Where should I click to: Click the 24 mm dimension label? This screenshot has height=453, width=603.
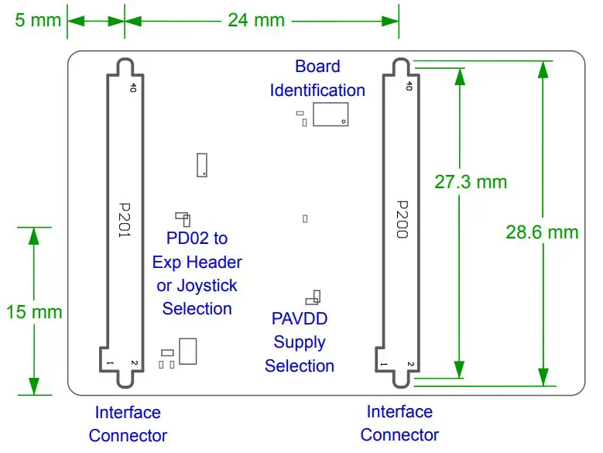255,19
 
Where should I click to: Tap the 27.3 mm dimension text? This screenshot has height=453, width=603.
470,182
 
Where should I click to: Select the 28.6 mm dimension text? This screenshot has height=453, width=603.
542,232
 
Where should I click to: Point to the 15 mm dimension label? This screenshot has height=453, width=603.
33,312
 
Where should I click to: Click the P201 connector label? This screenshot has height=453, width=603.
125,220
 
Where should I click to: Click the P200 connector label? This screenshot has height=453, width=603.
401,220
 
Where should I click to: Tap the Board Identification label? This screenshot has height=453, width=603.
317,78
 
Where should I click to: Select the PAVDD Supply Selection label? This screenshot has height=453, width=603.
300,342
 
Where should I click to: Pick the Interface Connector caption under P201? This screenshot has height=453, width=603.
128,424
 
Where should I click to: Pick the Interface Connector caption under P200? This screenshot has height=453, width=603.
399,424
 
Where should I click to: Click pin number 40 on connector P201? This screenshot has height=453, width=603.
133,88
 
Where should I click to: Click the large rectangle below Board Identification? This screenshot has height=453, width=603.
329,112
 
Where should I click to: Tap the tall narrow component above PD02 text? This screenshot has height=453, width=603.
202,164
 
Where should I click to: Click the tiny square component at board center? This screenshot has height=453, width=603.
305,218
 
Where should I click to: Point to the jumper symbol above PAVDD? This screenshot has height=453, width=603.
313,297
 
